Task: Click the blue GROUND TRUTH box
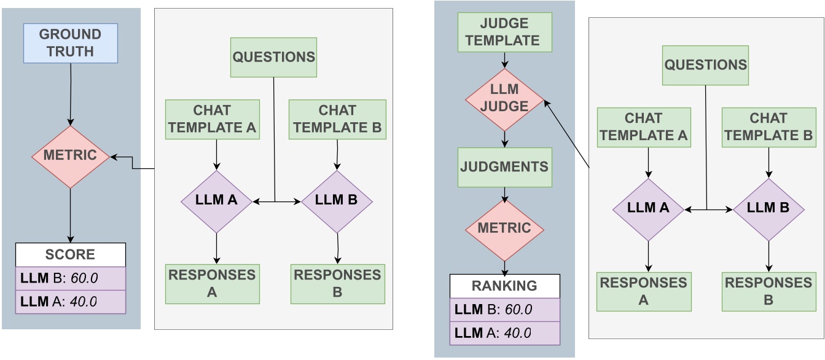pyautogui.click(x=70, y=43)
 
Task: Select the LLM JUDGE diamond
pyautogui.click(x=504, y=98)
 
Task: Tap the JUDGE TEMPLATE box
pyautogui.click(x=504, y=33)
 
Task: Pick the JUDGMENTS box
pyautogui.click(x=504, y=167)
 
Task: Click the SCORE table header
pyautogui.click(x=70, y=254)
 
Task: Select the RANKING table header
pyautogui.click(x=504, y=286)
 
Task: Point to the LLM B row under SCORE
pyautogui.click(x=70, y=278)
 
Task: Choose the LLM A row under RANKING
pyautogui.click(x=504, y=333)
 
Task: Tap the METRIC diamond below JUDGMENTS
pyautogui.click(x=504, y=229)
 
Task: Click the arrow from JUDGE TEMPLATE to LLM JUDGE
pyautogui.click(x=504, y=60)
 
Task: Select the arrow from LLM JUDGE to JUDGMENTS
pyautogui.click(x=504, y=138)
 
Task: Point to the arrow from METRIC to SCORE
pyautogui.click(x=70, y=215)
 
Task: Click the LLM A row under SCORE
pyautogui.click(x=70, y=302)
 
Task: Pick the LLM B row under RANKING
pyautogui.click(x=504, y=310)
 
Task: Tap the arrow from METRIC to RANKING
pyautogui.click(x=504, y=267)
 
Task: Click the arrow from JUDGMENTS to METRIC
pyautogui.click(x=504, y=195)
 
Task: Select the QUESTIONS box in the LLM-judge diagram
pyautogui.click(x=705, y=65)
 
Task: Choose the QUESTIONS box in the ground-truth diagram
pyautogui.click(x=273, y=57)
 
